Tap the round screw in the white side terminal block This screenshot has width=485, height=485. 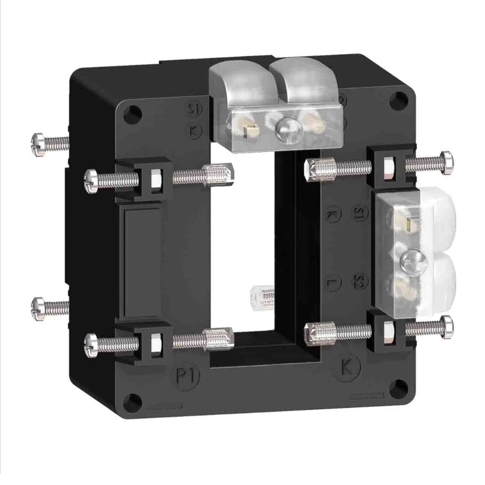411,262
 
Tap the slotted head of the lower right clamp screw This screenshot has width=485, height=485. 447,326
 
